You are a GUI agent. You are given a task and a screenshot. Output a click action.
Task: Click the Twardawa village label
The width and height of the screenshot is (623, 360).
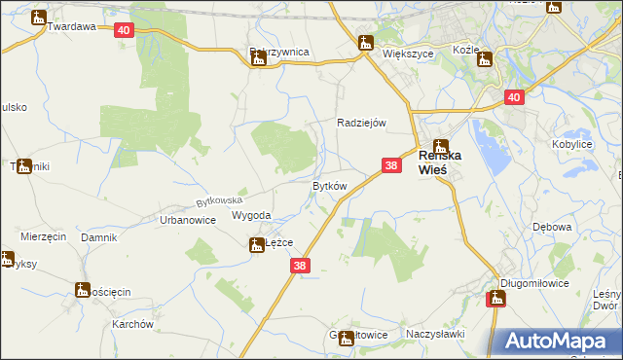[72, 27]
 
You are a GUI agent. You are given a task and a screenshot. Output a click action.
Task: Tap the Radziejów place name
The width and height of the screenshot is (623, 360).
[362, 123]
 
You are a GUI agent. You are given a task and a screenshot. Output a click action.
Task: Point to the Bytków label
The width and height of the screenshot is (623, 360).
[329, 185]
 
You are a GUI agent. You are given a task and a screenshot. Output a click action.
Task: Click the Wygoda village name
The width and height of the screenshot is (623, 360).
[251, 216]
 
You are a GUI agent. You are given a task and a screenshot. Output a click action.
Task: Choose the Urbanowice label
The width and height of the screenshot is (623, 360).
[187, 221]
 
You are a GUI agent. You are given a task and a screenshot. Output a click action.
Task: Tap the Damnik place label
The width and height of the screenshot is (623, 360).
[98, 237]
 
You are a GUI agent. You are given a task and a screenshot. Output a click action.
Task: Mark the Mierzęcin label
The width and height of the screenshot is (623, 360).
[43, 237]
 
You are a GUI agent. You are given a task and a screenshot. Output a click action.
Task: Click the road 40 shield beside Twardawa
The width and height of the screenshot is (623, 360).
[123, 31]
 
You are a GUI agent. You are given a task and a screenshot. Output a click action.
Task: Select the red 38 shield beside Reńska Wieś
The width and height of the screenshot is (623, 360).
[391, 166]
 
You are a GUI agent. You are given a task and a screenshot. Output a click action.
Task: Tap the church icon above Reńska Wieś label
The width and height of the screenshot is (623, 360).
[441, 146]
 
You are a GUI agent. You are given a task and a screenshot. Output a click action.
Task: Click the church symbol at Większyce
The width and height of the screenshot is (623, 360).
[366, 43]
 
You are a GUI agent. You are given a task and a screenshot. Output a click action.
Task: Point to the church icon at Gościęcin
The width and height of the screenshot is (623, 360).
[83, 289]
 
